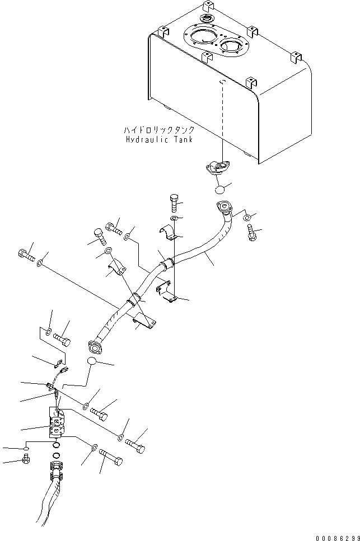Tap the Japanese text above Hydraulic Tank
coord(159,130)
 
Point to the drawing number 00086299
coord(338,538)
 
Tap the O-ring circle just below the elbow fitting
coord(218,189)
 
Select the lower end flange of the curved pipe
coord(95,347)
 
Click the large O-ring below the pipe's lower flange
coord(91,361)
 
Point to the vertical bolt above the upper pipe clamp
coord(175,203)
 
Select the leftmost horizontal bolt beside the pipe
coord(26,255)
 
